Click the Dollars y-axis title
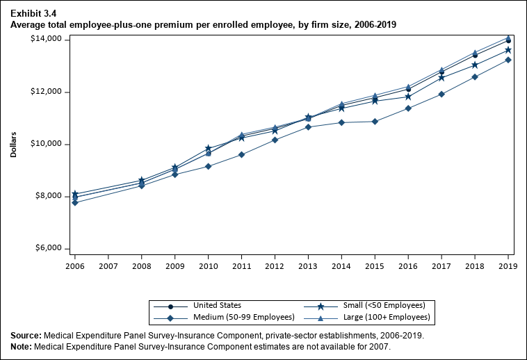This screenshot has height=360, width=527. point(14,144)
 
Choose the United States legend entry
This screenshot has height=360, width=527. point(218,306)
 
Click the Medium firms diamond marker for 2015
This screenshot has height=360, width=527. point(375,122)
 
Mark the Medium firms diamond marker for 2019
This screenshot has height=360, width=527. point(508,60)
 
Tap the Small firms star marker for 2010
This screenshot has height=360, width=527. point(208,149)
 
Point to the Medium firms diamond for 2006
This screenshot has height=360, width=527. point(74,202)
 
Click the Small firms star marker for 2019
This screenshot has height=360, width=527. point(508,50)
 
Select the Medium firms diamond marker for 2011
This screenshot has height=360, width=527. point(241,154)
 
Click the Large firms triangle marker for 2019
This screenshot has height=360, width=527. point(508,38)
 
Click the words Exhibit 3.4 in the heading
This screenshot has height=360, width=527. point(32,12)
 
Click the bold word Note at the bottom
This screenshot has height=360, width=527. point(22,345)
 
